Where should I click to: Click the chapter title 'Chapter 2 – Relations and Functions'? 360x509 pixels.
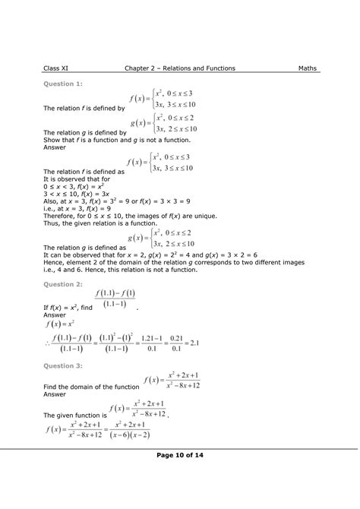tap(180, 68)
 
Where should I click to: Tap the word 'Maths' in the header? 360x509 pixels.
tap(308, 68)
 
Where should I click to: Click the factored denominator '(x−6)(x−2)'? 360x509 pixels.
tap(128, 435)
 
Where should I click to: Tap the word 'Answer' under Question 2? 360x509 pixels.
tap(55, 314)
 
